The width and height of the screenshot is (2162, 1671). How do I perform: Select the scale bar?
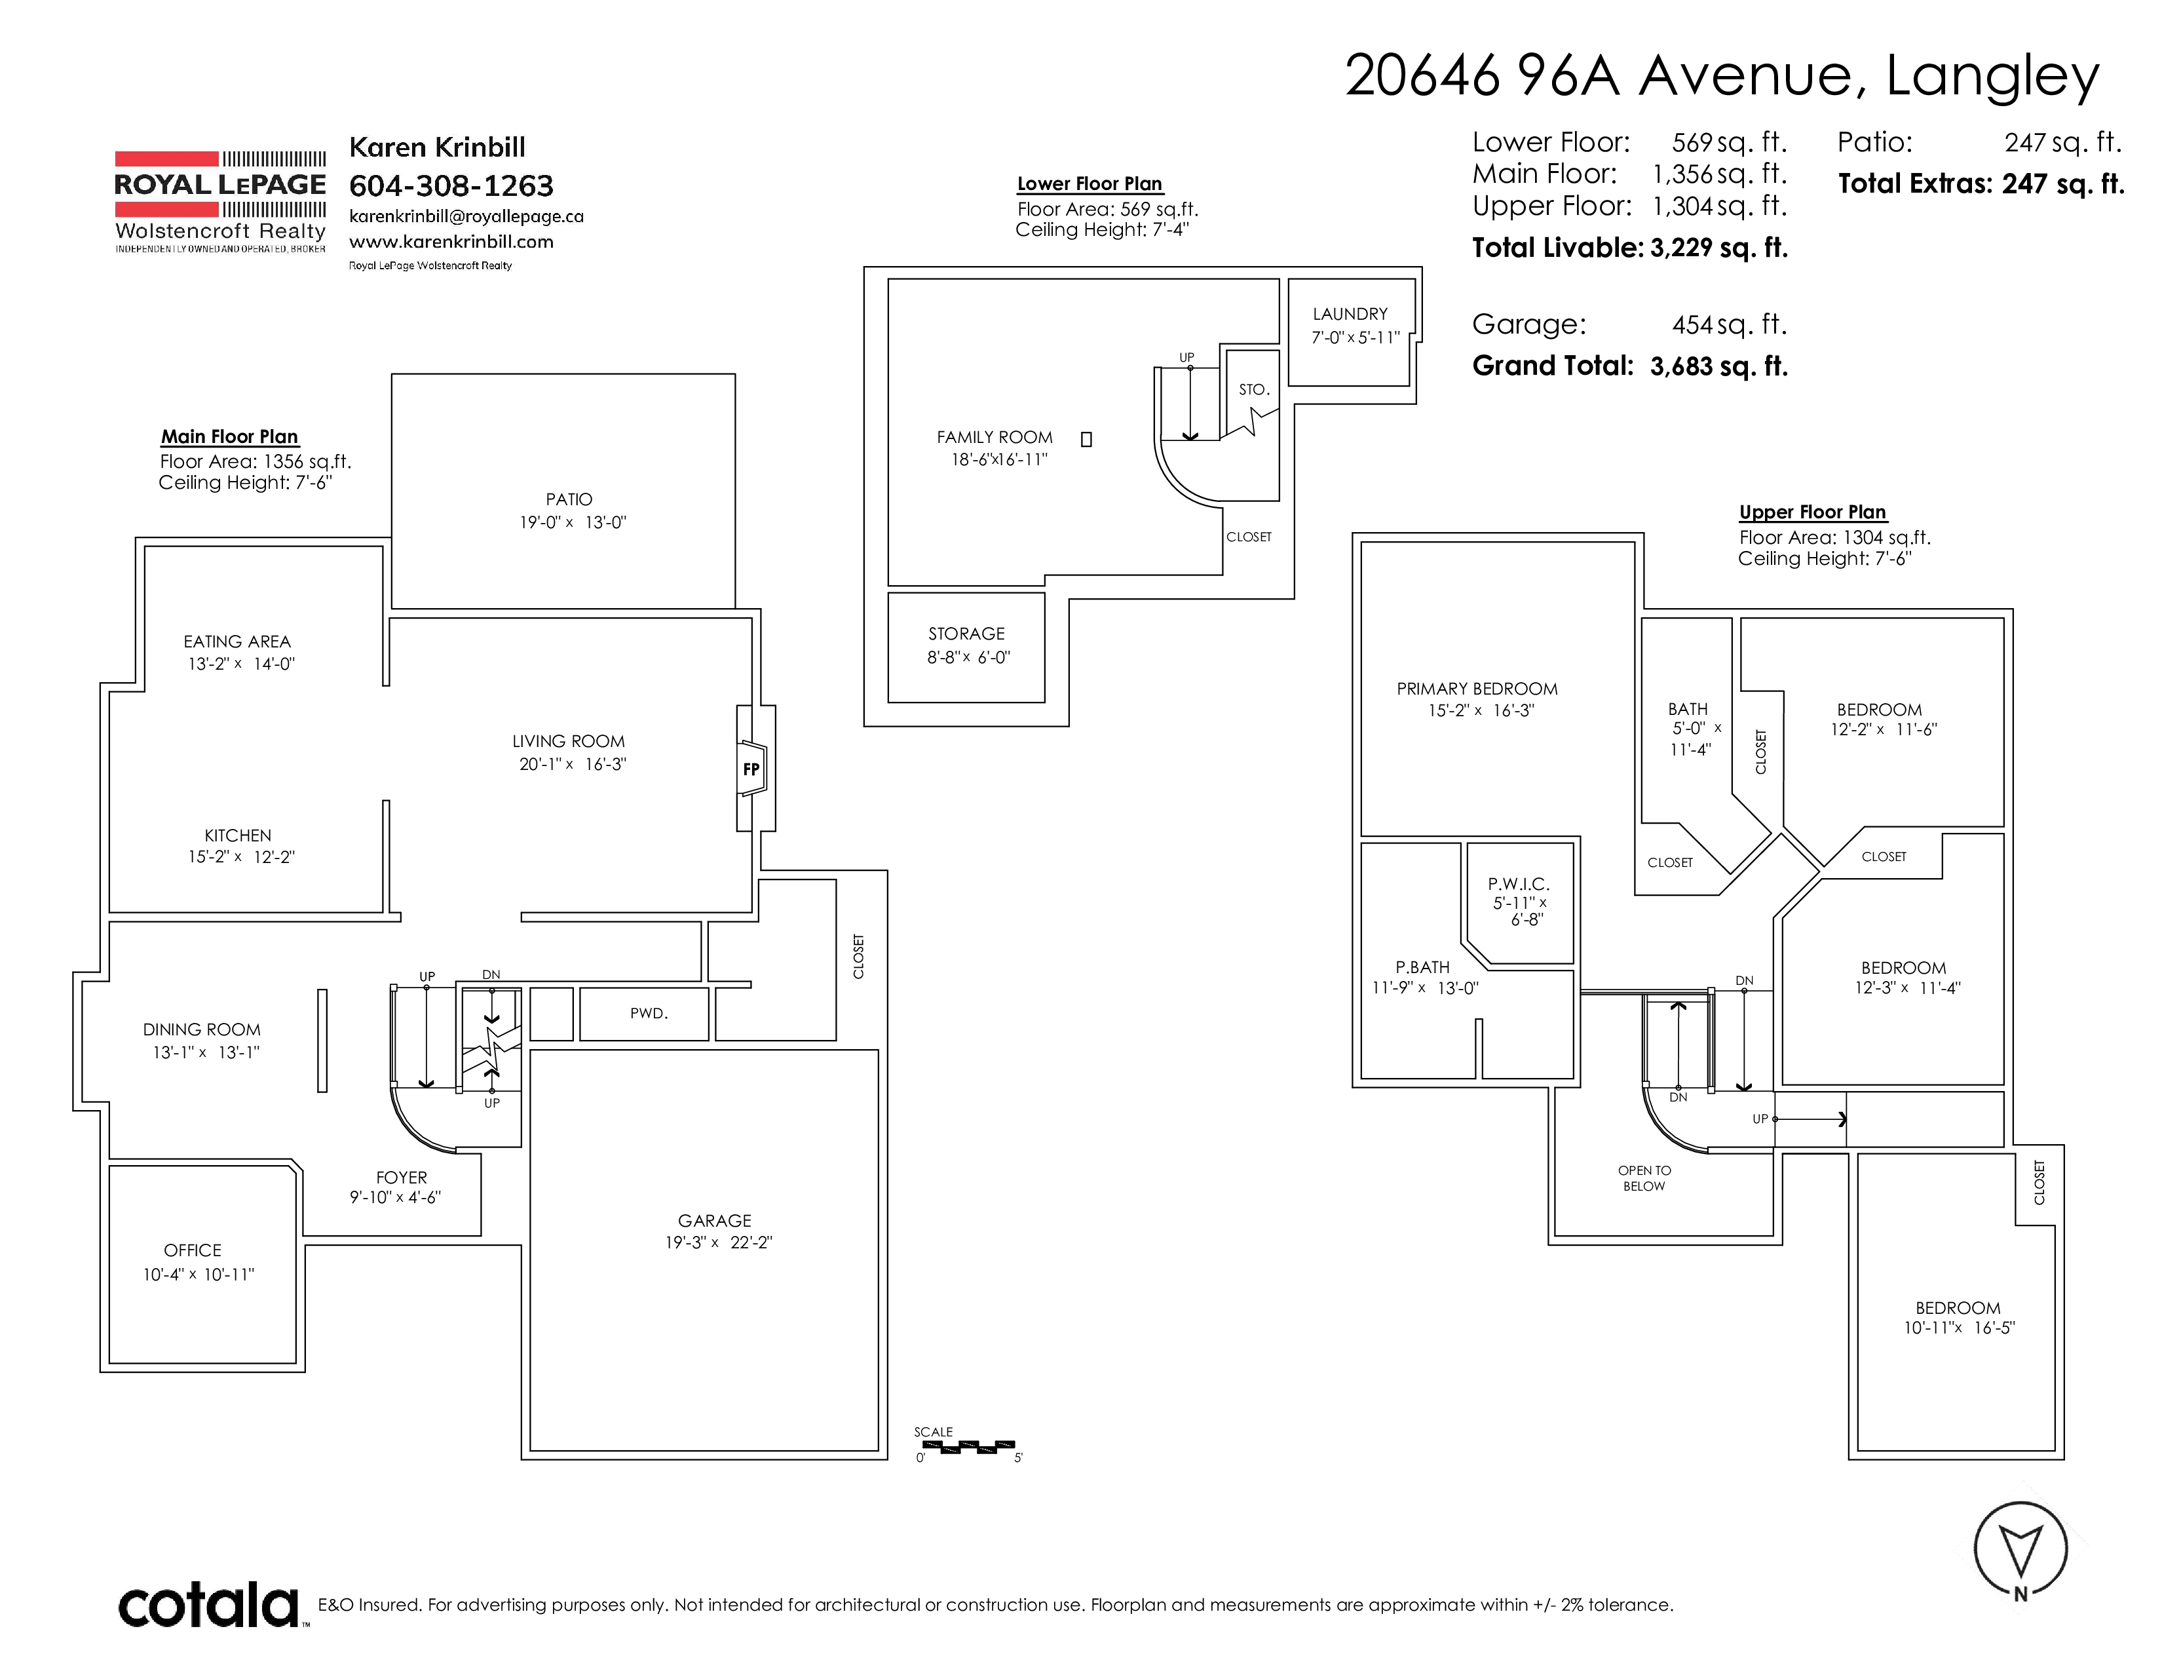click(x=969, y=1446)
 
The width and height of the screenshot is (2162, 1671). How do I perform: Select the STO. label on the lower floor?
click(x=1254, y=389)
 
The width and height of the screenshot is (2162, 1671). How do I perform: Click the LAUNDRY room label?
click(x=1350, y=314)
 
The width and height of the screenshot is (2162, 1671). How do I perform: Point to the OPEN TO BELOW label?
click(x=1644, y=1178)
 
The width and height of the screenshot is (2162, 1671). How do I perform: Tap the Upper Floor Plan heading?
click(x=1813, y=512)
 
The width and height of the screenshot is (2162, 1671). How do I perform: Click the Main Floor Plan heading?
click(x=230, y=436)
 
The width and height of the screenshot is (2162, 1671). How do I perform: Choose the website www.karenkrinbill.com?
click(x=451, y=242)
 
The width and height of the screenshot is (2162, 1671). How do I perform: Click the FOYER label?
click(x=402, y=1177)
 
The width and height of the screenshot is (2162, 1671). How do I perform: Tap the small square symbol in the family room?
click(x=1086, y=440)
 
